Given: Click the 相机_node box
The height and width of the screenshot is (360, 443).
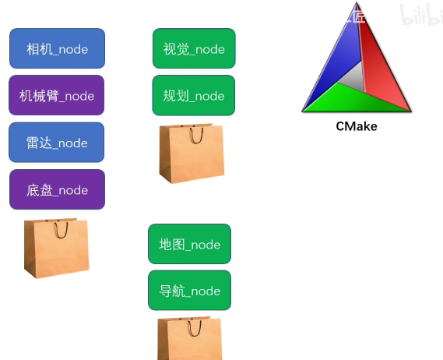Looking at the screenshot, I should [57, 49].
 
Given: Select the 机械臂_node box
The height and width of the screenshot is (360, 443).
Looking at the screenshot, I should [57, 96].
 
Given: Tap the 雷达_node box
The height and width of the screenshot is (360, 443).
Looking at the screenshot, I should [57, 143].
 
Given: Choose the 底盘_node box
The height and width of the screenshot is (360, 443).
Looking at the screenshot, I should [57, 189].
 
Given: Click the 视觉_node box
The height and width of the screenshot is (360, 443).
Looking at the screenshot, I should [194, 48].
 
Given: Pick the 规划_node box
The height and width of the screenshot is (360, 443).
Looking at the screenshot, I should [194, 95].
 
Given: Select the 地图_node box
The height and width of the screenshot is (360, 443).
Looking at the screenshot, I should [190, 244].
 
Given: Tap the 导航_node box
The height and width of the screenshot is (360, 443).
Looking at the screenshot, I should [190, 291].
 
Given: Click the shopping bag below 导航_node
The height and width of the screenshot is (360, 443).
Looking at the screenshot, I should [190, 341].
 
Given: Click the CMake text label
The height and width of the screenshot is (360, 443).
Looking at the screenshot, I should [357, 126].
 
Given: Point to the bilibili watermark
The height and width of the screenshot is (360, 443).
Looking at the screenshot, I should [420, 14].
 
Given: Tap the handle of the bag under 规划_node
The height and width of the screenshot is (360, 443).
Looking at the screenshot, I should [195, 135].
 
